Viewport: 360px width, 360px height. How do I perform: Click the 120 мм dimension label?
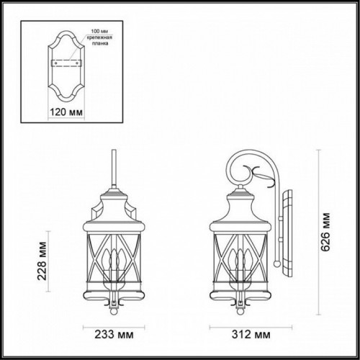66,114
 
